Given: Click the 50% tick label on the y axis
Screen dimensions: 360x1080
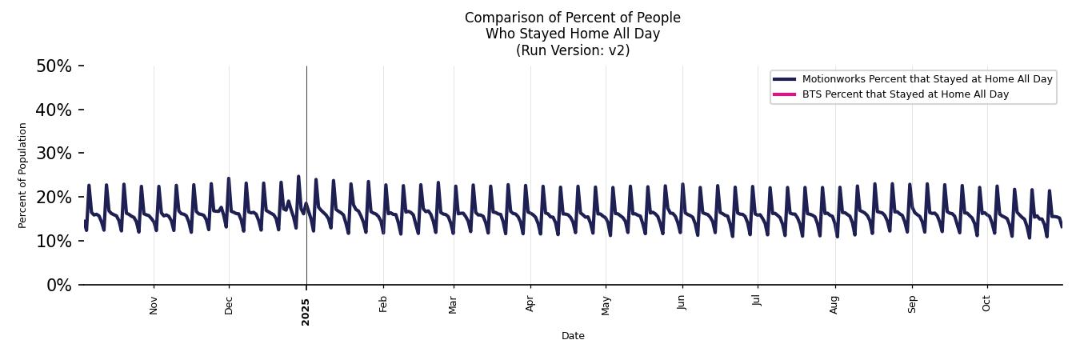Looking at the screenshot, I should [x=54, y=66].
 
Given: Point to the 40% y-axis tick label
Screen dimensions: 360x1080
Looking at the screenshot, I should [x=54, y=110].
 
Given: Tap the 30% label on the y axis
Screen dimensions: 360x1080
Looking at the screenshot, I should [x=54, y=154].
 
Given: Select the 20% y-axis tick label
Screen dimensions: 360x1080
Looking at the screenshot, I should [x=54, y=198].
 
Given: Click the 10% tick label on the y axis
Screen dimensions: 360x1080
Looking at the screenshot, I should [x=54, y=241].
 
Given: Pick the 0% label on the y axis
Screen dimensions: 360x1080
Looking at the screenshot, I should [x=58, y=285].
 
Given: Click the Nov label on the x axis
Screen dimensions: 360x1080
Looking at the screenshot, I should [x=154, y=305].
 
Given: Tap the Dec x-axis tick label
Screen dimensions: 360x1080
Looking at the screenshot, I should [x=229, y=305].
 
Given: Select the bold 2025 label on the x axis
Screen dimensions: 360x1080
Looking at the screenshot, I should [x=306, y=311].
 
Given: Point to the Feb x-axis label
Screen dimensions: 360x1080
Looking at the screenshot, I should [x=383, y=304].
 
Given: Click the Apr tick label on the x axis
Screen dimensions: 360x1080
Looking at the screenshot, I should [x=530, y=304].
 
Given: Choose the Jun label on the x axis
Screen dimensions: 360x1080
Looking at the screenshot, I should [x=682, y=304].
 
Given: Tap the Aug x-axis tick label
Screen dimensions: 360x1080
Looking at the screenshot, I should [x=834, y=305].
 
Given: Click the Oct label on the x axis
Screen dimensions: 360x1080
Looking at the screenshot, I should [x=986, y=304].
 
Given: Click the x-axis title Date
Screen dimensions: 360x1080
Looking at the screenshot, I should [x=573, y=337].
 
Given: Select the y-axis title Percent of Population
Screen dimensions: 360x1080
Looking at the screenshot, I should [x=23, y=175].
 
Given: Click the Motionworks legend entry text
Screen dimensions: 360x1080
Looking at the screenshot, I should [x=926, y=79].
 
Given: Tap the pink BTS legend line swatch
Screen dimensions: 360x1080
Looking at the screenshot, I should [x=784, y=94].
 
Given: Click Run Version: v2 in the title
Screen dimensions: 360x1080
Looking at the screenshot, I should [x=573, y=50].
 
